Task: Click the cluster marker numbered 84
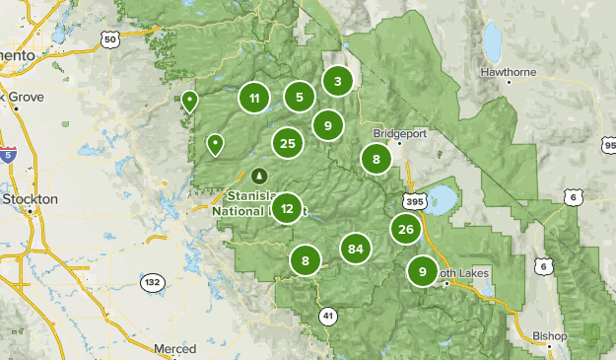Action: pos(356,249)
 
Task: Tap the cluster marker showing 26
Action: pos(405,230)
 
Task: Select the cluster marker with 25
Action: pos(288,143)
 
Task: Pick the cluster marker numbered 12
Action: pos(287,208)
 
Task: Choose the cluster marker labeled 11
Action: pos(254,98)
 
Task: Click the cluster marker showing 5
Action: pos(300,97)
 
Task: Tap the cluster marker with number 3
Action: pos(338,82)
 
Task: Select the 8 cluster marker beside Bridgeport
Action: pos(376,158)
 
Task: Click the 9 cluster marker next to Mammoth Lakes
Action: pos(423,271)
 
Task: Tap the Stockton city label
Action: pos(30,198)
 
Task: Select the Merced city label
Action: pos(174,349)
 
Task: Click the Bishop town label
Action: pos(550,336)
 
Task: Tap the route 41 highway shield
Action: pos(326,314)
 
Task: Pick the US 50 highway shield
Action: pos(109,39)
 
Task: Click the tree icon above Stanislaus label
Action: pos(260,176)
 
